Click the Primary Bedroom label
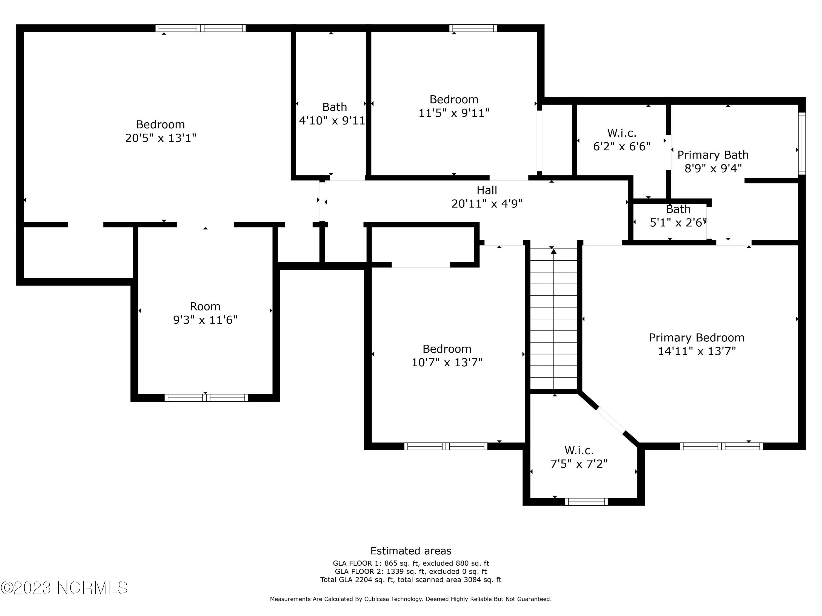click(x=697, y=338)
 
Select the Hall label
click(x=487, y=190)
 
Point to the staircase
click(x=554, y=319)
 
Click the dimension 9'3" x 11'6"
click(x=205, y=320)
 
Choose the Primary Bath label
click(x=713, y=155)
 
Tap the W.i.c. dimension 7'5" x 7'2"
click(x=579, y=464)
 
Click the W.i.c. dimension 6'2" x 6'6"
click(x=622, y=146)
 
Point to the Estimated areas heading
click(x=411, y=551)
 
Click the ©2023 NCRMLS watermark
click(x=64, y=588)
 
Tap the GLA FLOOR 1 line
click(x=411, y=563)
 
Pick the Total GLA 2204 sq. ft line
click(x=411, y=580)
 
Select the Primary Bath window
click(x=802, y=143)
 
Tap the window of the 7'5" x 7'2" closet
click(x=586, y=502)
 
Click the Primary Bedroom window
click(x=721, y=446)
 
